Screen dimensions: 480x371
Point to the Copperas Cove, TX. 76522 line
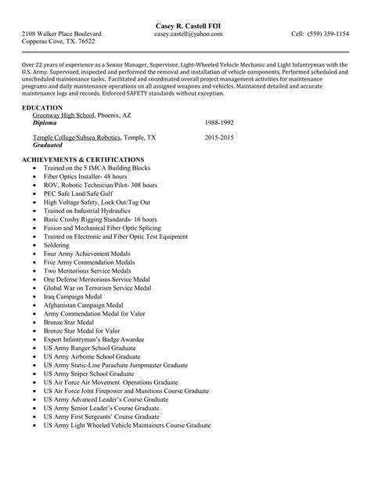pos(58,43)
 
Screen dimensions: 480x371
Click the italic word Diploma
pos(45,124)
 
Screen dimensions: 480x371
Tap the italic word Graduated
pos(48,145)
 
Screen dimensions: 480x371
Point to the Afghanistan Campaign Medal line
pos(84,305)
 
